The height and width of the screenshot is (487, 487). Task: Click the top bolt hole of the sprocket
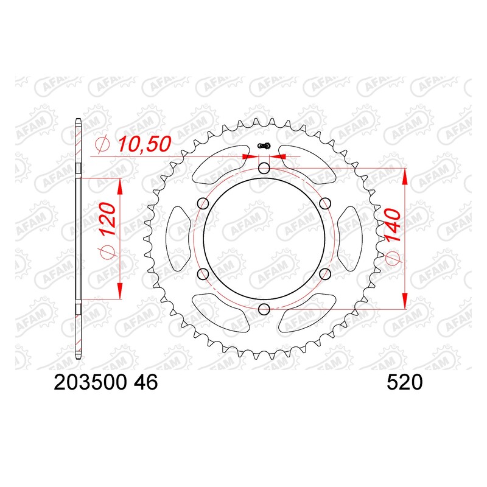[x=264, y=169]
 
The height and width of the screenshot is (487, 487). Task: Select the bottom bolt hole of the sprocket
[x=264, y=308]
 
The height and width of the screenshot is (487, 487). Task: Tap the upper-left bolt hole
[x=203, y=204]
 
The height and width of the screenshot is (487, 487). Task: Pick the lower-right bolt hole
[x=324, y=273]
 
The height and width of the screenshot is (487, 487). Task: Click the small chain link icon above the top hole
[x=264, y=146]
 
